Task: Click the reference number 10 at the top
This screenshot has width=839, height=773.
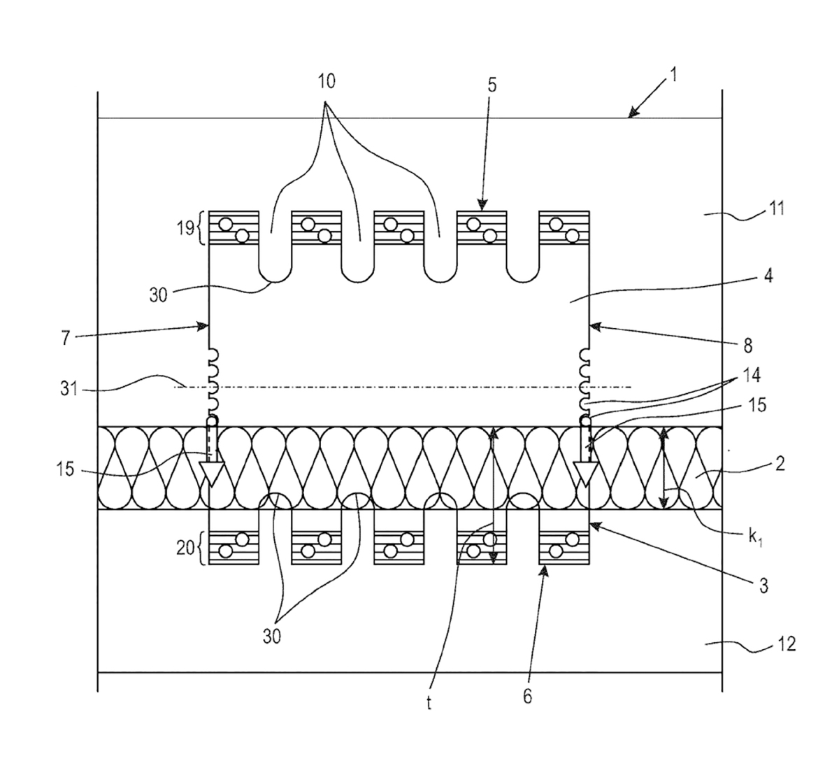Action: [327, 82]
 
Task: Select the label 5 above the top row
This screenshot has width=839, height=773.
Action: [492, 85]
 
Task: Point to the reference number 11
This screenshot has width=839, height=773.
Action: [777, 208]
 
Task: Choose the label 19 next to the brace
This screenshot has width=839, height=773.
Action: [185, 229]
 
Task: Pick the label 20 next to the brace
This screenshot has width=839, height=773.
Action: [185, 548]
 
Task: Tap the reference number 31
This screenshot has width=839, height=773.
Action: [69, 389]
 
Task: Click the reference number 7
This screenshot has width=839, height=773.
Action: [65, 338]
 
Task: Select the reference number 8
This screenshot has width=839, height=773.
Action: [748, 346]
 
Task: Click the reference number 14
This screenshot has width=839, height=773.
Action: [752, 376]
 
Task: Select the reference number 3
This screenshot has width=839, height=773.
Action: [763, 586]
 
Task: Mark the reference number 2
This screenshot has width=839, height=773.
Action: [780, 464]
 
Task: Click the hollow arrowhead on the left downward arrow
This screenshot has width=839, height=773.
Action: [212, 474]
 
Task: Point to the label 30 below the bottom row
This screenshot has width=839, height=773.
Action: [271, 637]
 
